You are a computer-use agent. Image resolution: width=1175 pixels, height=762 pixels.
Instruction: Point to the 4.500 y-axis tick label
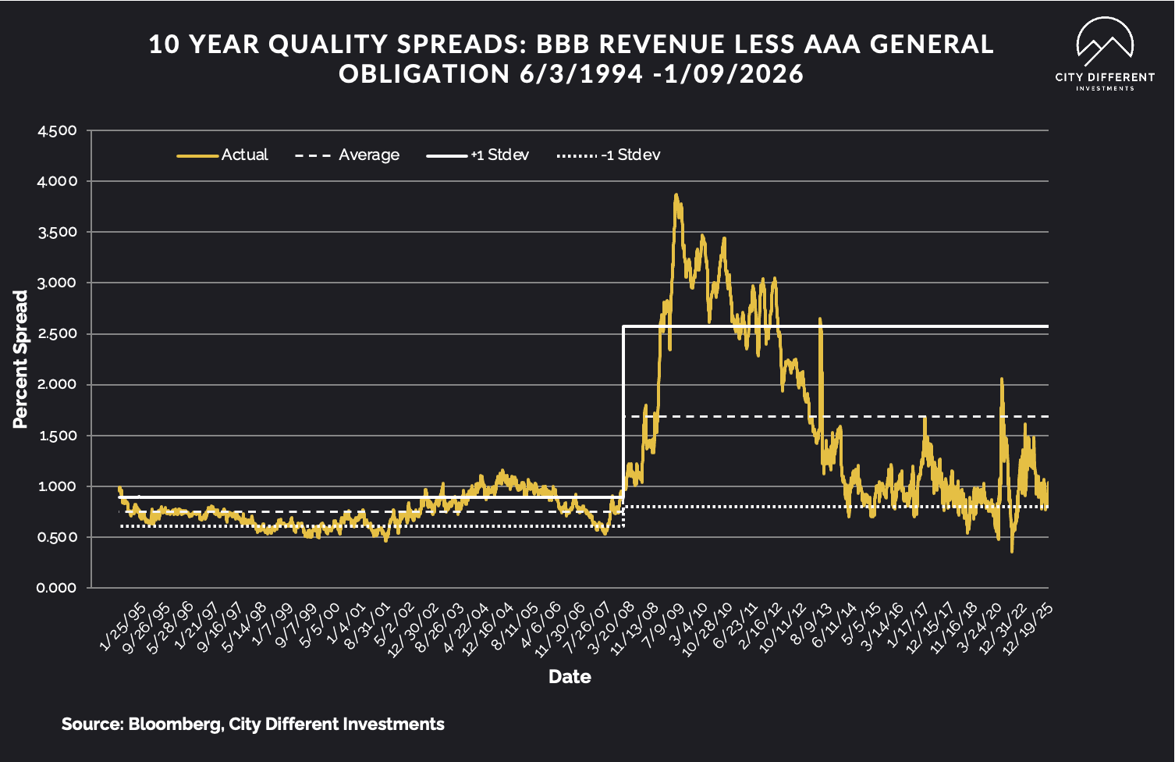point(57,130)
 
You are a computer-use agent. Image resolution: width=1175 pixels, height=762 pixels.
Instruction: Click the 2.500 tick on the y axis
point(57,334)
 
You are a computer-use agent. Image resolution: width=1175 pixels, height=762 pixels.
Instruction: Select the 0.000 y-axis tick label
point(57,588)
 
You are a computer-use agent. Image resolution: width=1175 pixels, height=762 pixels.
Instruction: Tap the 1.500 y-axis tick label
point(57,436)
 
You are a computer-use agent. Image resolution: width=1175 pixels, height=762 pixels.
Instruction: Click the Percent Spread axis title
point(20,359)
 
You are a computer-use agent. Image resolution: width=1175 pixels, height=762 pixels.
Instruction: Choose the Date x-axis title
point(570,677)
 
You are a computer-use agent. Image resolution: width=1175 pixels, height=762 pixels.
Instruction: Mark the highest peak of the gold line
point(676,195)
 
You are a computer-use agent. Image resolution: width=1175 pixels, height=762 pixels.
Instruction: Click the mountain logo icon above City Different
point(1104,42)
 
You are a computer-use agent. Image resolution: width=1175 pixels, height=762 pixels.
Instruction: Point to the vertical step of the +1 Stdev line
point(623,406)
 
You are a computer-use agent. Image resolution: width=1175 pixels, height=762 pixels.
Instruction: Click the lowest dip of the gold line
point(1012,551)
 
